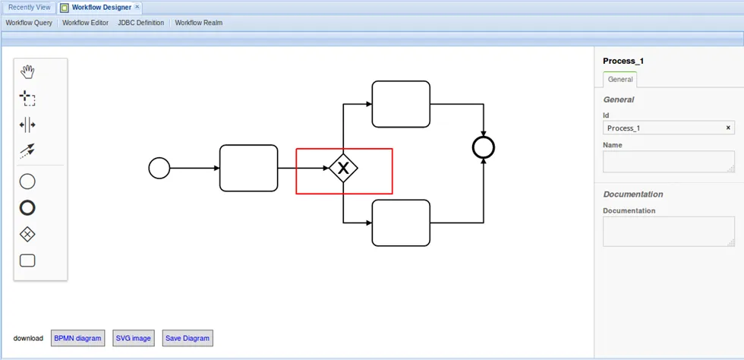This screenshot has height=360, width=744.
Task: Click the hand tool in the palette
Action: point(27,72)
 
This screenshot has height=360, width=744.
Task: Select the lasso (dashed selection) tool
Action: point(27,98)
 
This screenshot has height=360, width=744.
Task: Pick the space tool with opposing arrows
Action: point(27,125)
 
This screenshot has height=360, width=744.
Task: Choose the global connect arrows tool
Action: point(27,151)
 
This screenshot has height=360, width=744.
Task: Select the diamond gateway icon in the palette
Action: point(27,234)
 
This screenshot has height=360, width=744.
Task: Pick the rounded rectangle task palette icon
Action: point(27,261)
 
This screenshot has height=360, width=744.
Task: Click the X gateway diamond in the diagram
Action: point(343,168)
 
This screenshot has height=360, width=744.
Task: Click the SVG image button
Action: point(134,338)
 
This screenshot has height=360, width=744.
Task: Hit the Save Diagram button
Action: point(188,338)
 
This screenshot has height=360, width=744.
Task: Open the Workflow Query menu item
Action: point(29,23)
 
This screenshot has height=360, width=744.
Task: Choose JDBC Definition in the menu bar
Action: point(141,23)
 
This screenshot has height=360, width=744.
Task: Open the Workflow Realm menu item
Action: point(199,23)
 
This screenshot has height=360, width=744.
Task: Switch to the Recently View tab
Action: point(30,8)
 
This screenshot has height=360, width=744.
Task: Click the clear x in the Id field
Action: point(728,128)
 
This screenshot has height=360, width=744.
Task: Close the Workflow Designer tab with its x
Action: point(137,7)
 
